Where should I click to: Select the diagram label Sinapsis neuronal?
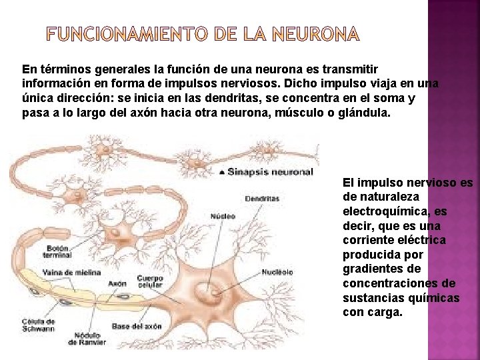(x=270, y=171)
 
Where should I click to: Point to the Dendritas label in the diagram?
(x=262, y=198)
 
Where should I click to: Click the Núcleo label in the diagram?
(x=223, y=216)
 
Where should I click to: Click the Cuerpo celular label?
(x=149, y=282)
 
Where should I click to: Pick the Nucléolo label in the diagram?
(x=277, y=272)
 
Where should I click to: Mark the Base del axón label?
(x=137, y=326)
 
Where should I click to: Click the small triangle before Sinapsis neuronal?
(x=221, y=172)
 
